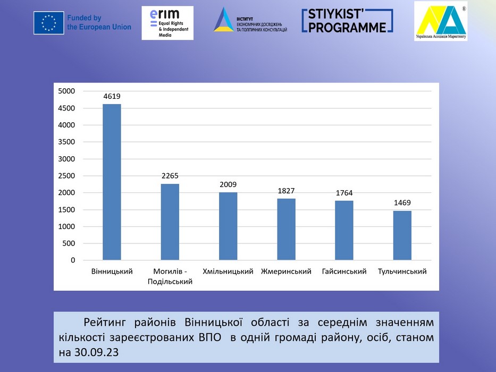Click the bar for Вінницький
click(x=112, y=182)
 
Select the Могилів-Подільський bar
click(x=170, y=222)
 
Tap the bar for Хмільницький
click(x=228, y=226)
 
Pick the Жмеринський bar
click(x=286, y=229)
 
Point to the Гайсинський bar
click(x=344, y=230)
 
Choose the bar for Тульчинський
click(x=402, y=235)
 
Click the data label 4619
click(x=112, y=96)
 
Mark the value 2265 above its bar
click(x=170, y=176)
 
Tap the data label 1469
click(x=402, y=202)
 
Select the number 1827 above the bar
click(x=286, y=191)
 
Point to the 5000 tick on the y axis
click(x=67, y=91)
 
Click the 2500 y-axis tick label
click(x=67, y=176)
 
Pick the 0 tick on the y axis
click(x=73, y=260)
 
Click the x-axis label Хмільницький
click(x=228, y=272)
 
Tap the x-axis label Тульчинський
click(x=402, y=272)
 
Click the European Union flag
click(x=49, y=23)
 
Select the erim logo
click(x=167, y=23)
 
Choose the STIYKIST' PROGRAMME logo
click(x=348, y=21)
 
